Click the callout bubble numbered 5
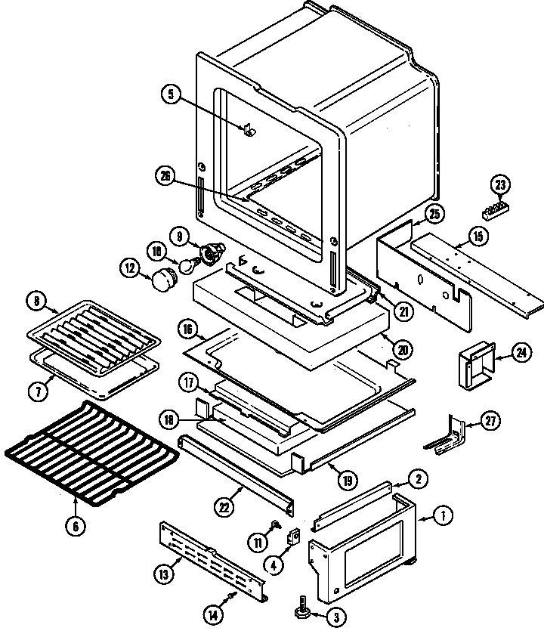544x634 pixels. tap(171, 94)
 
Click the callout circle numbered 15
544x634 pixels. tap(477, 237)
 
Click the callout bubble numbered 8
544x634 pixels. tap(36, 300)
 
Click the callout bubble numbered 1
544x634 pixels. tap(444, 516)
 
